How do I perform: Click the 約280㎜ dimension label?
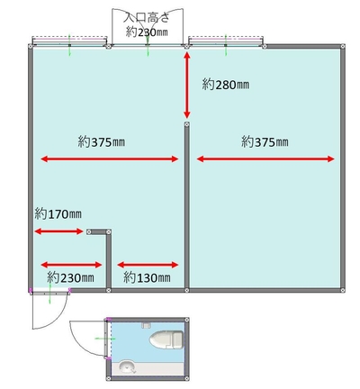point(226,85)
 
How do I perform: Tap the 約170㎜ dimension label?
point(58,214)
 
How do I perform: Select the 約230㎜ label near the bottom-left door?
point(71,277)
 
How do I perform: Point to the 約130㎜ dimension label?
point(147,277)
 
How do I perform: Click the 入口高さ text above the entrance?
point(147,17)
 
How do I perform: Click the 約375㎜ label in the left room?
point(102,141)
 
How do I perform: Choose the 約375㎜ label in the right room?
point(265,141)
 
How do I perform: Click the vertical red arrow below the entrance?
point(187,86)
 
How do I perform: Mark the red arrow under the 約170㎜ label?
point(58,231)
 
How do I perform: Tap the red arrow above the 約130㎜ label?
point(148,265)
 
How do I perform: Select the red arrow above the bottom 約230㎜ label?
point(71,265)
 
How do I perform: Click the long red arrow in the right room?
point(265,159)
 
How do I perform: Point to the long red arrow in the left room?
point(110,159)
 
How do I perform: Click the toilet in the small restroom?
point(166,340)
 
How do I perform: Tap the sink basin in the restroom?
point(127,366)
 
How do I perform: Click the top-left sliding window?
point(69,41)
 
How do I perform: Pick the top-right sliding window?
point(226,41)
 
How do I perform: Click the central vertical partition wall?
point(187,207)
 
